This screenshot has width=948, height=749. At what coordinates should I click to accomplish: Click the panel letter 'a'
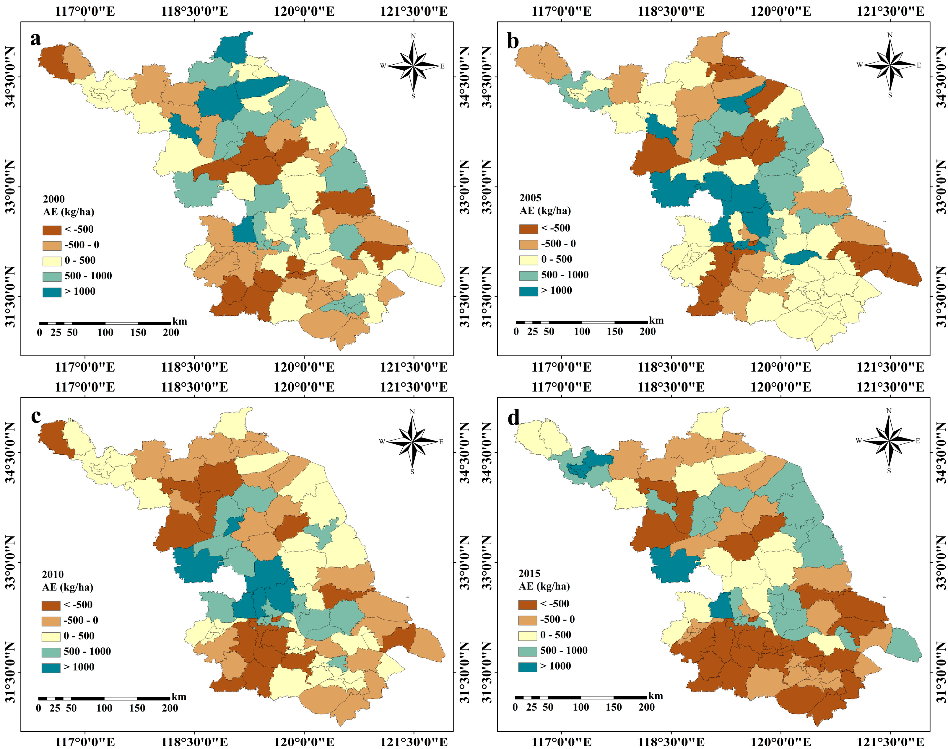pyautogui.click(x=35, y=39)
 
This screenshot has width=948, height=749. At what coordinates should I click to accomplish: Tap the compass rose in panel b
pyautogui.click(x=890, y=65)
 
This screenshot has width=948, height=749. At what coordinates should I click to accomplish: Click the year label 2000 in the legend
pyautogui.click(x=53, y=199)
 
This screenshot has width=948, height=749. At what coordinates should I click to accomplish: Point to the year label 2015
pyautogui.click(x=529, y=573)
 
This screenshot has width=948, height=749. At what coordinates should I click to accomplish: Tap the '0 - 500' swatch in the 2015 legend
pyautogui.click(x=527, y=635)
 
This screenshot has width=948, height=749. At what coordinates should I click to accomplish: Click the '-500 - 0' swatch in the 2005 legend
pyautogui.click(x=528, y=244)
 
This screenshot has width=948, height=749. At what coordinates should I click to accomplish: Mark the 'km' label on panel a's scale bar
pyautogui.click(x=179, y=322)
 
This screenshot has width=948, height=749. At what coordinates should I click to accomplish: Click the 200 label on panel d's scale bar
pyautogui.click(x=646, y=707)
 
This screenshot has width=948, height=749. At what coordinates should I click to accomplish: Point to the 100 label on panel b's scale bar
pyautogui.click(x=582, y=332)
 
